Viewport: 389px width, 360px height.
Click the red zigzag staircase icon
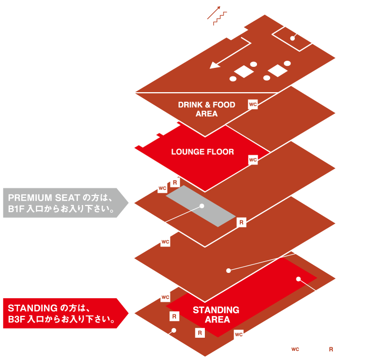[x=220, y=18]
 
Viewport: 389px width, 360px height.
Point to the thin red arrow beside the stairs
[x=213, y=13]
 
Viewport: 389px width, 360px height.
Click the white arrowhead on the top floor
[x=215, y=65]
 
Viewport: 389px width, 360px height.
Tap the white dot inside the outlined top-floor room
[x=292, y=38]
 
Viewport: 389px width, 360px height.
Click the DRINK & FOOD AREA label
[x=206, y=109]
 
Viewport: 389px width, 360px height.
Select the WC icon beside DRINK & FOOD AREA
[x=253, y=104]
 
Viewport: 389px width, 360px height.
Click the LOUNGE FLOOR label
[x=202, y=152]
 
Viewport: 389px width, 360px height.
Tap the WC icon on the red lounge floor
[x=253, y=159]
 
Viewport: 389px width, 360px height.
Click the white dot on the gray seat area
[x=202, y=206]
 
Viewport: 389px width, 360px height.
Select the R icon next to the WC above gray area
[x=175, y=182]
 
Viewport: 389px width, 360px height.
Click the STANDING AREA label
[x=216, y=314]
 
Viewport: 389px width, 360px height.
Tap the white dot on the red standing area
[x=298, y=279]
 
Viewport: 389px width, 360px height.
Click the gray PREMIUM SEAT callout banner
[x=66, y=203]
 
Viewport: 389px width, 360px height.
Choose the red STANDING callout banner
[x=66, y=313]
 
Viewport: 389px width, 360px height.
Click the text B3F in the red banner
[x=17, y=319]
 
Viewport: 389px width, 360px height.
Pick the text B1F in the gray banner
[x=16, y=209]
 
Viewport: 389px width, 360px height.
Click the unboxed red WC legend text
[x=295, y=349]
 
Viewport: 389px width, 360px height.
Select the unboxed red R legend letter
[x=331, y=349]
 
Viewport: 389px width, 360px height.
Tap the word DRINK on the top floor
[x=190, y=105]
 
